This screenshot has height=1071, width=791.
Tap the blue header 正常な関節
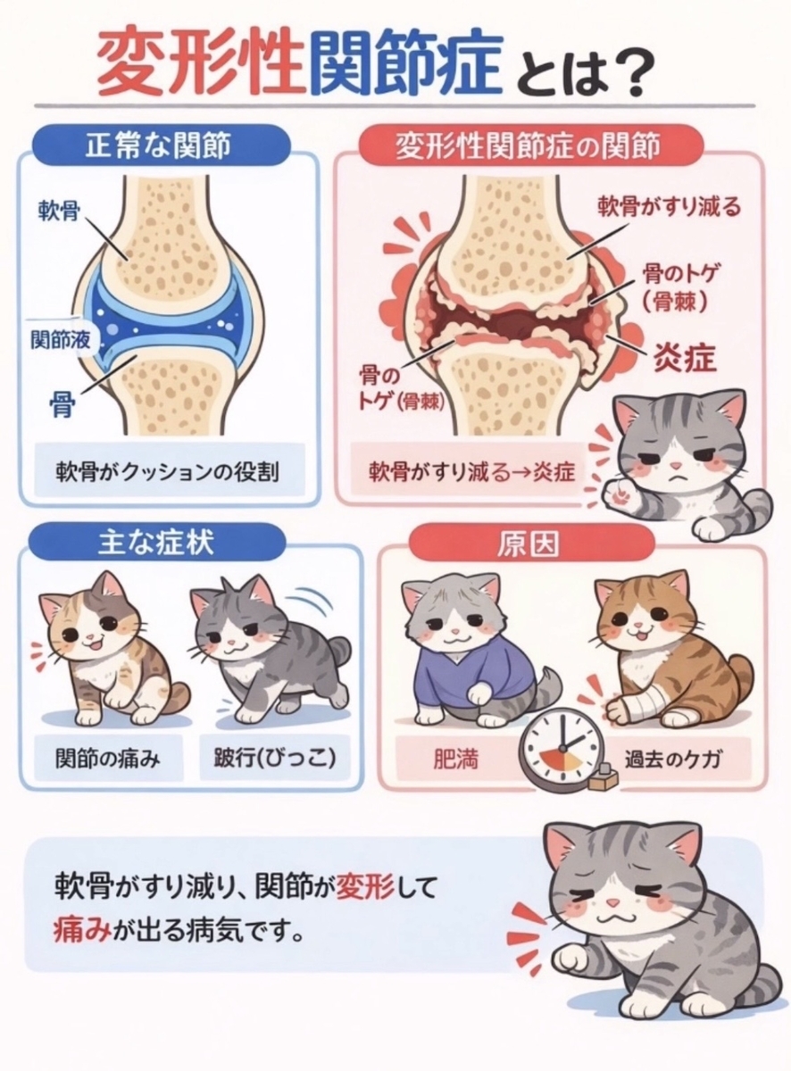pyautogui.click(x=159, y=145)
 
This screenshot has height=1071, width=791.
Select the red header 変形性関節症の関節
pyautogui.click(x=529, y=146)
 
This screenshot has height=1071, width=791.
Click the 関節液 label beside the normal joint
pyautogui.click(x=61, y=340)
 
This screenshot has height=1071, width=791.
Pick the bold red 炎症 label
pyautogui.click(x=684, y=358)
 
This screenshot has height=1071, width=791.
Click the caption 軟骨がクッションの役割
pyautogui.click(x=167, y=471)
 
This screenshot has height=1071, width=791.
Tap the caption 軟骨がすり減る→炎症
pyautogui.click(x=472, y=471)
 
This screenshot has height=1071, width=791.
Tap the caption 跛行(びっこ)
pyautogui.click(x=275, y=759)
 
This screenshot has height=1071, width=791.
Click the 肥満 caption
pyautogui.click(x=455, y=760)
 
